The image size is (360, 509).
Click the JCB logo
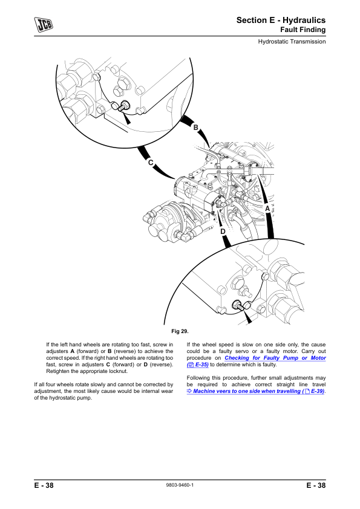(44, 25)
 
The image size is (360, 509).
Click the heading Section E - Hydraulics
(281, 20)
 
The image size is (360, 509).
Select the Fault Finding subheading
(303, 30)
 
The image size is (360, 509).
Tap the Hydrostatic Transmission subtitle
(292, 42)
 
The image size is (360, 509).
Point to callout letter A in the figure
(267, 209)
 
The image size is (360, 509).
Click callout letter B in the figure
(195, 128)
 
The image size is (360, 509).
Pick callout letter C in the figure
(151, 162)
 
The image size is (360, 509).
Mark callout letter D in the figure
(223, 232)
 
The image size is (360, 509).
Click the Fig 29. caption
(180, 331)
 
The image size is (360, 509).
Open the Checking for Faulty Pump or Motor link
(257, 361)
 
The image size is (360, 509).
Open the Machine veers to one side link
(256, 391)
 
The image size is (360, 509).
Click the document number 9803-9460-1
(180, 485)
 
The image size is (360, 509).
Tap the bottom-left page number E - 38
(44, 485)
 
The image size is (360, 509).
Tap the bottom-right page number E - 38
(316, 485)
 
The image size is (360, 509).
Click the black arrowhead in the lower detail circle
(248, 318)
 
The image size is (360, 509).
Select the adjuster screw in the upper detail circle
(123, 106)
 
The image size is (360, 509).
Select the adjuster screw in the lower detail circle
(238, 305)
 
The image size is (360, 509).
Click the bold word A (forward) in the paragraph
(72, 351)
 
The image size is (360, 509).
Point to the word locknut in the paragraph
(117, 371)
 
